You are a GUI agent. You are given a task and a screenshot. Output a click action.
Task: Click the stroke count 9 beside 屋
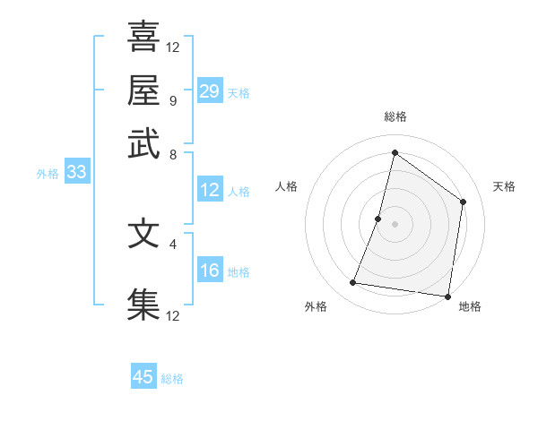tap(172, 100)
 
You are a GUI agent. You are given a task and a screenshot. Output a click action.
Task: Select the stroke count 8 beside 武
tap(172, 154)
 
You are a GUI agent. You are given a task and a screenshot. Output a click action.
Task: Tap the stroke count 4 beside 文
tap(172, 243)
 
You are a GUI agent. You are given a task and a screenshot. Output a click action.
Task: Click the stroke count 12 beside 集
tap(174, 315)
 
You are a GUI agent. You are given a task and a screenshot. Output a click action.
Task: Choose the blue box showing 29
tap(210, 91)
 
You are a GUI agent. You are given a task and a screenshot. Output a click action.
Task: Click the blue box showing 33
tap(76, 173)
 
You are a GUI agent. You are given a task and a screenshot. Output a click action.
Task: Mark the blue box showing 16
tap(210, 271)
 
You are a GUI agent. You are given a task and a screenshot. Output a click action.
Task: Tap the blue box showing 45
tap(143, 377)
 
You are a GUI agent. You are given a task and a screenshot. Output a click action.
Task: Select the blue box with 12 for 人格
tap(210, 190)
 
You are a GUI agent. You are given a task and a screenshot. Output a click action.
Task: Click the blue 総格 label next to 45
tap(172, 379)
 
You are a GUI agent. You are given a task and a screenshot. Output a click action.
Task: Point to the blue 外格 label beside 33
tap(47, 174)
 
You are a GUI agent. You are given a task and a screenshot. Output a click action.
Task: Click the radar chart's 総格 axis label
tap(395, 117)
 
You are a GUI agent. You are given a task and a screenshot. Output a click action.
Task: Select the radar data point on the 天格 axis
tap(464, 202)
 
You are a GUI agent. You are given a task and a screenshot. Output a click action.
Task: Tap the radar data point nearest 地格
tap(447, 296)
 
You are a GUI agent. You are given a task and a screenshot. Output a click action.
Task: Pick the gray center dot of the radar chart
tap(395, 223)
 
